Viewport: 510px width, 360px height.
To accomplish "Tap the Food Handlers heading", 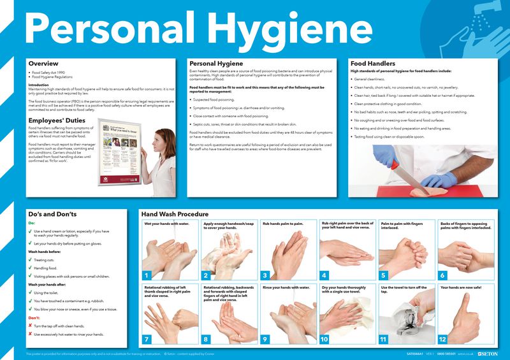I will pyautogui.click(x=373, y=64).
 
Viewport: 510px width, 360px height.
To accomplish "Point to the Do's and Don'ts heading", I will pyautogui.click(x=52, y=214).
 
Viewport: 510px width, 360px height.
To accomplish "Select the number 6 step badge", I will pyautogui.click(x=442, y=275).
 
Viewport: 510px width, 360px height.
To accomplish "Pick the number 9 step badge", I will pyautogui.click(x=265, y=339).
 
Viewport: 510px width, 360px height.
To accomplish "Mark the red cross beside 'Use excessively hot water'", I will pyautogui.click(x=30, y=334).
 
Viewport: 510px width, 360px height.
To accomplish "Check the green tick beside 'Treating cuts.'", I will pyautogui.click(x=30, y=259).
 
